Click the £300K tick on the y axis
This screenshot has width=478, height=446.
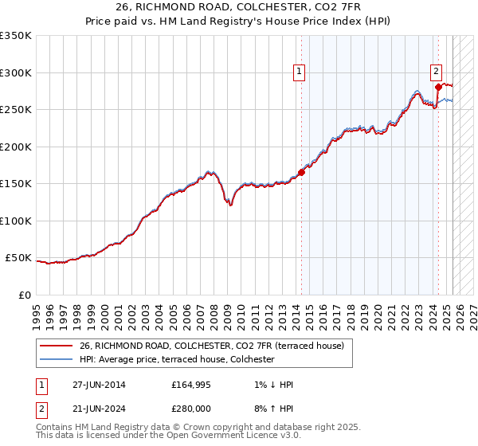(15, 72)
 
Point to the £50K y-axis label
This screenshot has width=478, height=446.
(18, 258)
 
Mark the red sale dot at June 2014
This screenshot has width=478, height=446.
(302, 172)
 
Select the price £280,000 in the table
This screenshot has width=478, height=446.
(192, 410)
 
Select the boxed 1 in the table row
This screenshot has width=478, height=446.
(42, 385)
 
